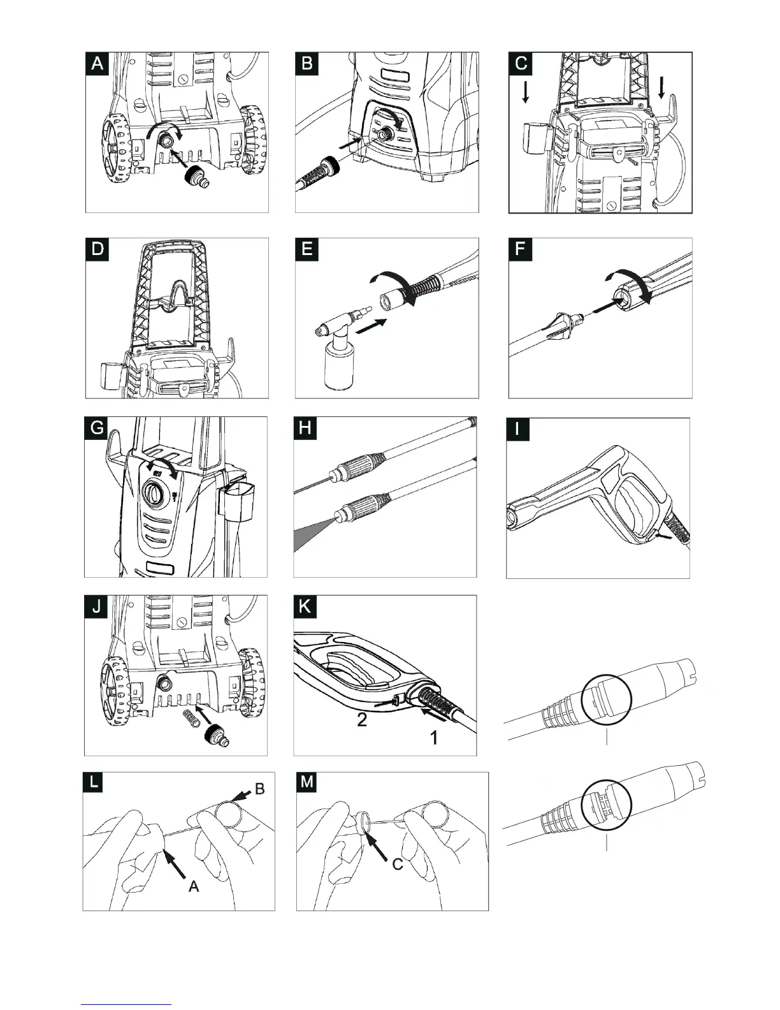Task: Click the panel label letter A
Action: pos(97,64)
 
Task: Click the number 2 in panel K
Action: pos(361,721)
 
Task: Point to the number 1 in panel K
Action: pos(433,738)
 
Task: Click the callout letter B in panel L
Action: pos(259,789)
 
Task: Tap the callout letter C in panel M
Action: pos(398,865)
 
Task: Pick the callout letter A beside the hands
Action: pos(194,886)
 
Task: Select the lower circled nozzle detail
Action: pos(606,806)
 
